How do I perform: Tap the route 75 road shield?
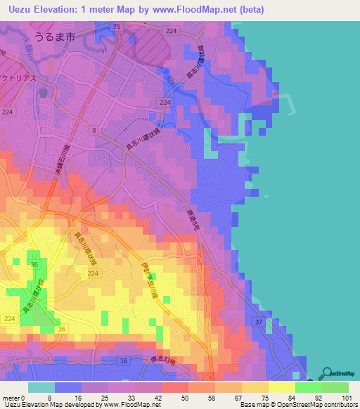tap(117, 27)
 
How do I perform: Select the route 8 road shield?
tap(93, 130)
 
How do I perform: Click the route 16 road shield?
tap(123, 361)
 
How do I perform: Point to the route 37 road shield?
tap(259, 322)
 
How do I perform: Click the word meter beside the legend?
tap(11, 397)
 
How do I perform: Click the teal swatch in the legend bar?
tap(41, 387)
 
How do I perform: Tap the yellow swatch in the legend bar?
tap(282, 387)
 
